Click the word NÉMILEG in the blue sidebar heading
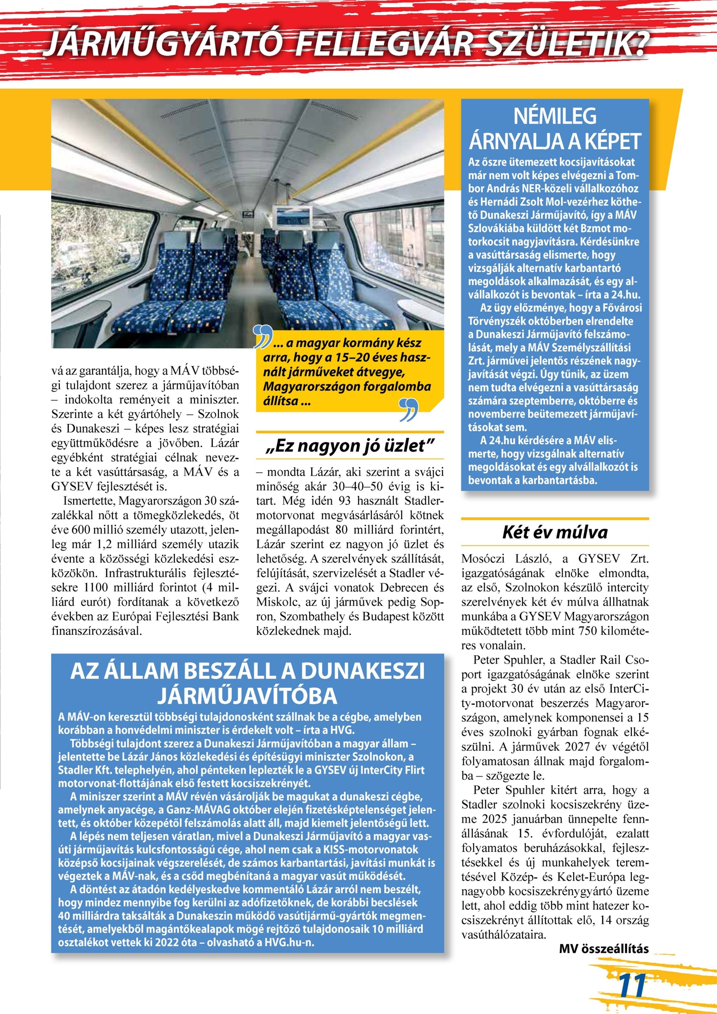555,116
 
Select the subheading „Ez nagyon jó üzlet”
350,446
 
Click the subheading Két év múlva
555,532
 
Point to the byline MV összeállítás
604,949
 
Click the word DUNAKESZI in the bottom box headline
362,671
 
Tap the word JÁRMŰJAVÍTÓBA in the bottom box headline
248,696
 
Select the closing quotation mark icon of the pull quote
409,410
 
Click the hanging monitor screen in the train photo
292,217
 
